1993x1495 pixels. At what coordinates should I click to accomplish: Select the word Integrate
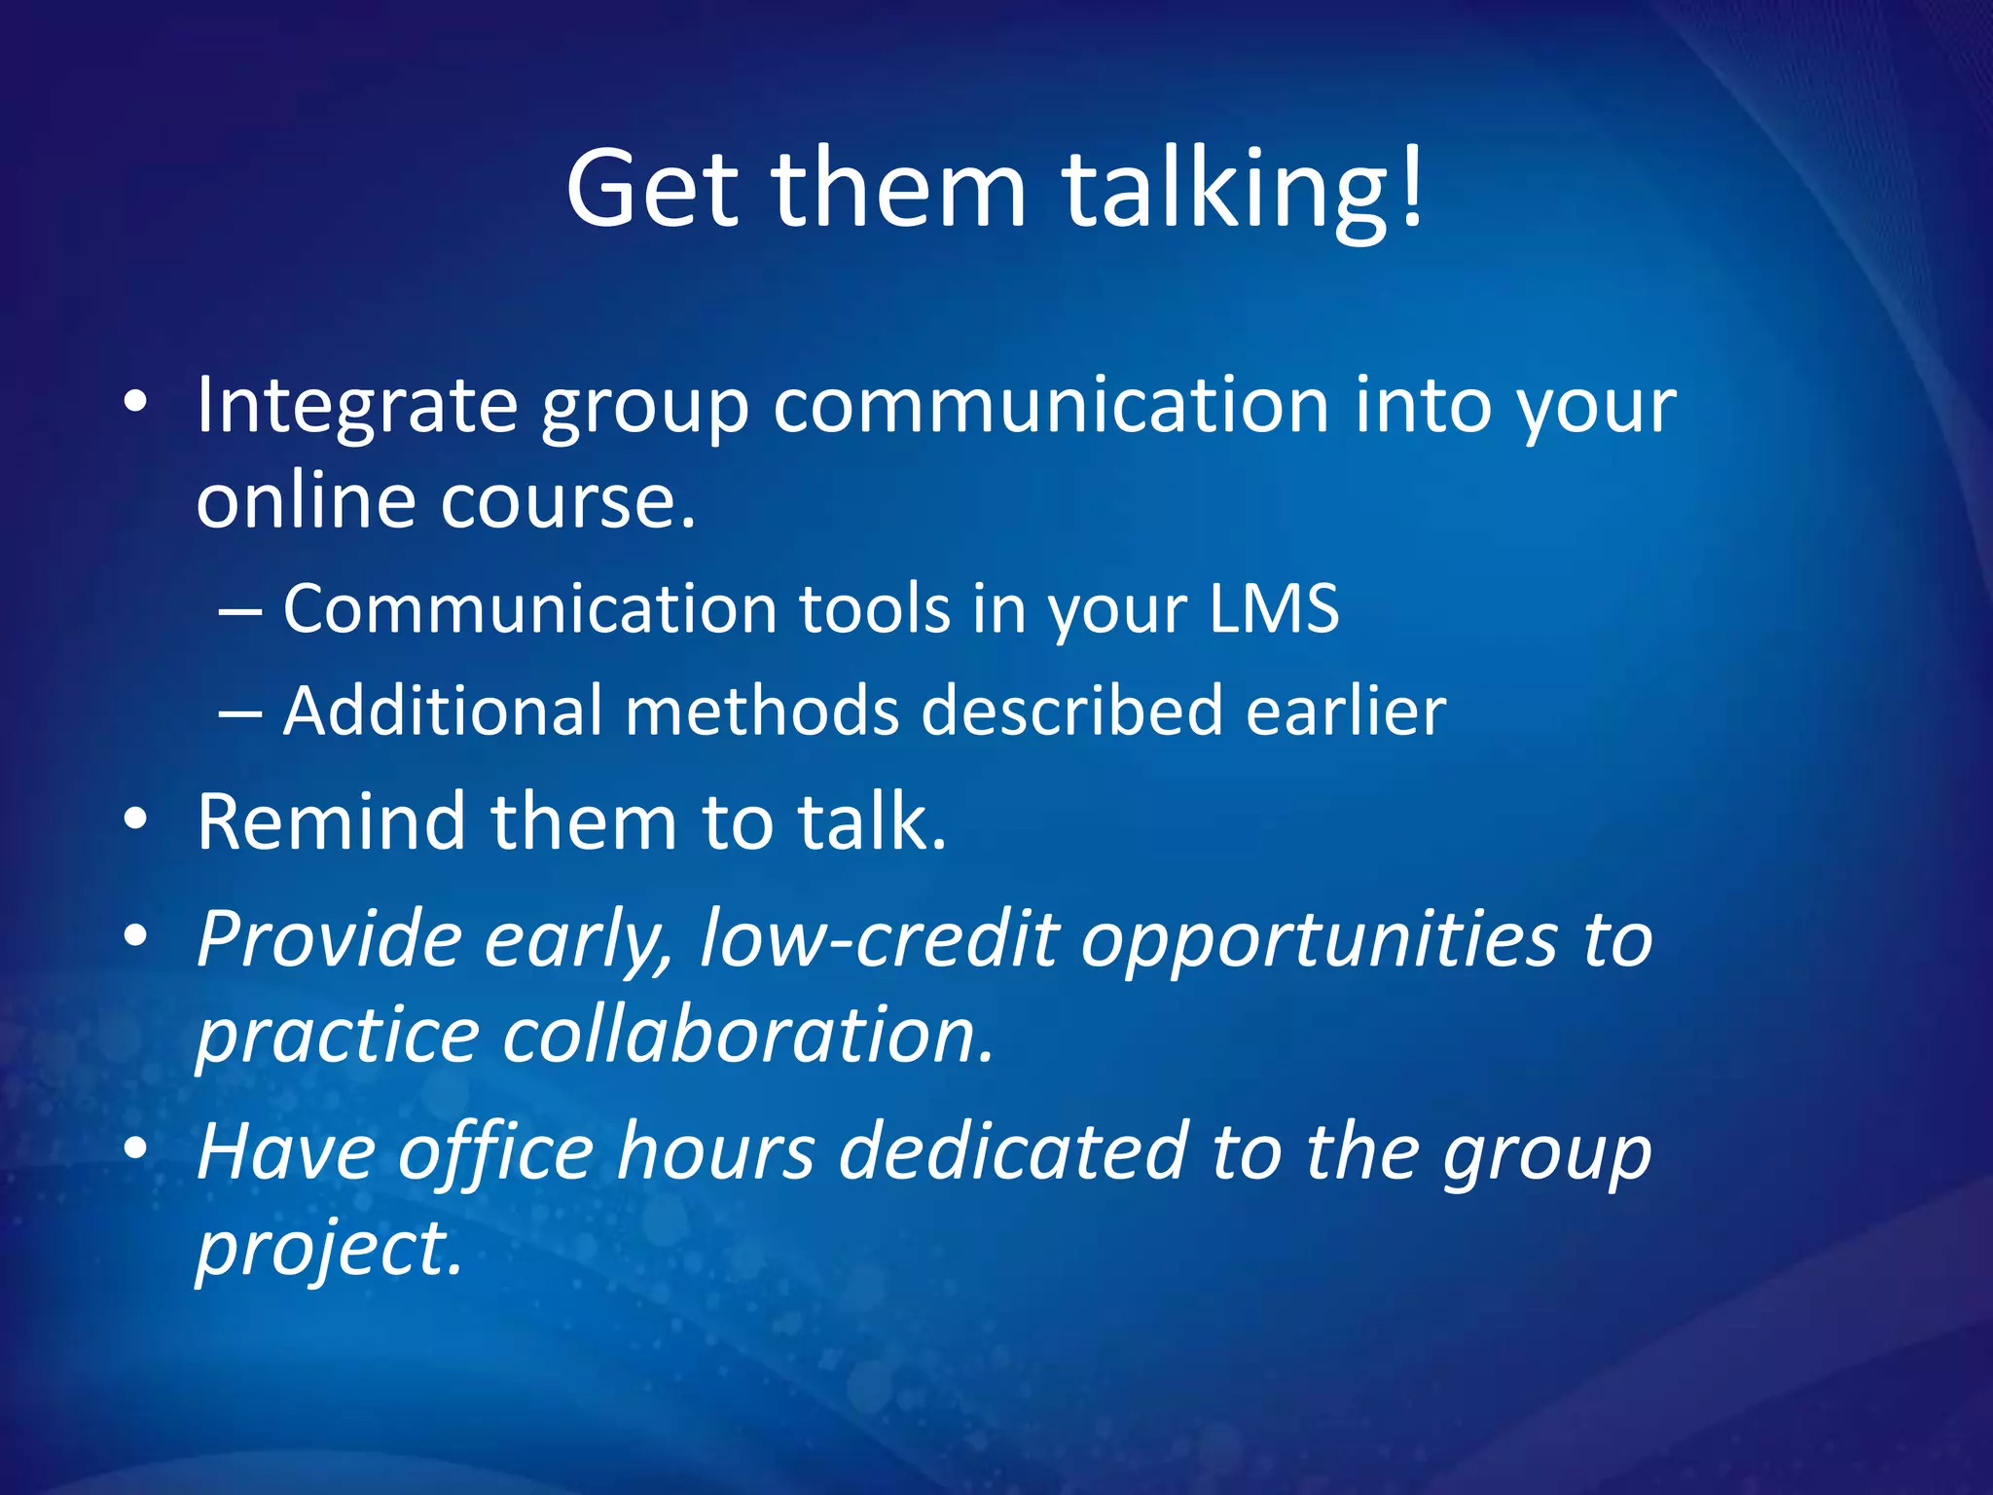coord(356,407)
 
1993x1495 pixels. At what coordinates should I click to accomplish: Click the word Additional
coord(442,711)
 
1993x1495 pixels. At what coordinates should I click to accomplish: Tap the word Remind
coord(331,822)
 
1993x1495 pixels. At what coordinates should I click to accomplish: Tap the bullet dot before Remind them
coord(136,820)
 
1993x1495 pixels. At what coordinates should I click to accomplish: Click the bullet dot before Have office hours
coord(136,1149)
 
